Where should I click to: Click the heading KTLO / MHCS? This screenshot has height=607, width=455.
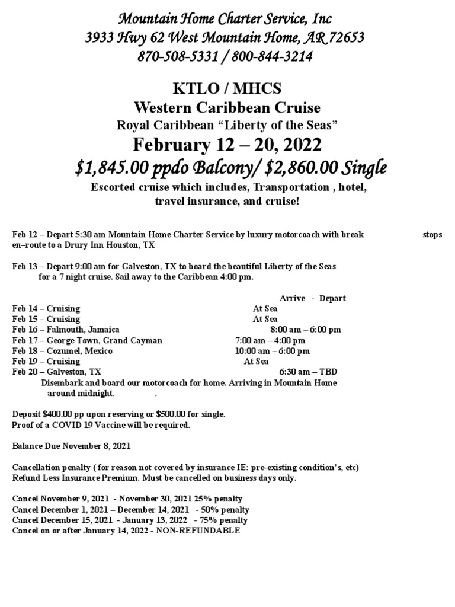pos(227,89)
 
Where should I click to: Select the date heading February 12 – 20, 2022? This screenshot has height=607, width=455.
pos(227,144)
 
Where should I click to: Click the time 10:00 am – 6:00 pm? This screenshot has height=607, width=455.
pos(272,351)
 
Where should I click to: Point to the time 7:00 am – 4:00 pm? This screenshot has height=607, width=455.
pos(270,340)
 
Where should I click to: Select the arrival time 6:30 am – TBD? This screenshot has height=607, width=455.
pos(307,372)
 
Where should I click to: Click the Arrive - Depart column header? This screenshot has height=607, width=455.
pos(312,298)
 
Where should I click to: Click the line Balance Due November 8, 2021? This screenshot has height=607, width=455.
pos(72,445)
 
